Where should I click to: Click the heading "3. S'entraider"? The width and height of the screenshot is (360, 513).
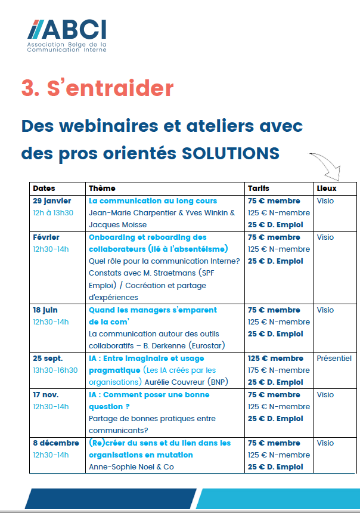click(x=97, y=88)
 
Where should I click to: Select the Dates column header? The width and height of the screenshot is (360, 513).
click(x=44, y=188)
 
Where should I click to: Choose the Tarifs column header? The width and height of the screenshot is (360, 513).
click(x=259, y=188)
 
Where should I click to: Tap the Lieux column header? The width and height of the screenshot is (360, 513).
click(x=327, y=188)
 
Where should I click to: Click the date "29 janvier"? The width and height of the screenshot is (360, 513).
click(x=52, y=201)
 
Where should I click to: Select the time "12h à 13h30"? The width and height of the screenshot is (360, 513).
click(x=54, y=213)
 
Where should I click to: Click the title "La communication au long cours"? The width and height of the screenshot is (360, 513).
click(x=153, y=201)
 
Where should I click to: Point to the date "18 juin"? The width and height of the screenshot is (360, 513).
click(x=47, y=310)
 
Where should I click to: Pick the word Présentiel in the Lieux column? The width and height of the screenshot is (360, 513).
click(x=334, y=359)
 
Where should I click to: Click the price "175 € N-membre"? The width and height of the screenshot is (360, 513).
click(x=279, y=370)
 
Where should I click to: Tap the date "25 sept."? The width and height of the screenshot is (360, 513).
click(x=48, y=359)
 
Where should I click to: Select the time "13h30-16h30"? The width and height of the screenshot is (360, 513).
click(x=55, y=370)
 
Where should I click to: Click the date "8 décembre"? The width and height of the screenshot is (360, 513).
click(x=56, y=443)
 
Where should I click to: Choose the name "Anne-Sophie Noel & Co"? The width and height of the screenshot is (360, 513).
click(x=131, y=467)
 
